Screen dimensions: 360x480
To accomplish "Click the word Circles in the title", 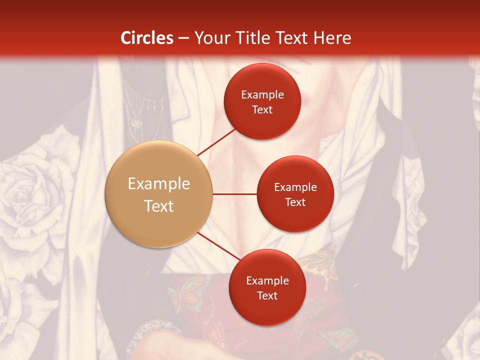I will [x=147, y=38].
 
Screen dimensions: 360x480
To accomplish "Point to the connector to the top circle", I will [x=216, y=142].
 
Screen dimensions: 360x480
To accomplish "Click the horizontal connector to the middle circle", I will [x=235, y=194].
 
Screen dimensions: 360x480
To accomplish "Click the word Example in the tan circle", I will [x=158, y=184].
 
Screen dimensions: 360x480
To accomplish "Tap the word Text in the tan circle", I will [x=158, y=206].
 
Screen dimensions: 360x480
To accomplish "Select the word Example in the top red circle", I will [x=262, y=95].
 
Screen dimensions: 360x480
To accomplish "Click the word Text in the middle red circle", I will [x=295, y=202].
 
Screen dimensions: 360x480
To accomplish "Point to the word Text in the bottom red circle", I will [x=267, y=295].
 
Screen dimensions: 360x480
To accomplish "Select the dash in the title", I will [x=183, y=38].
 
